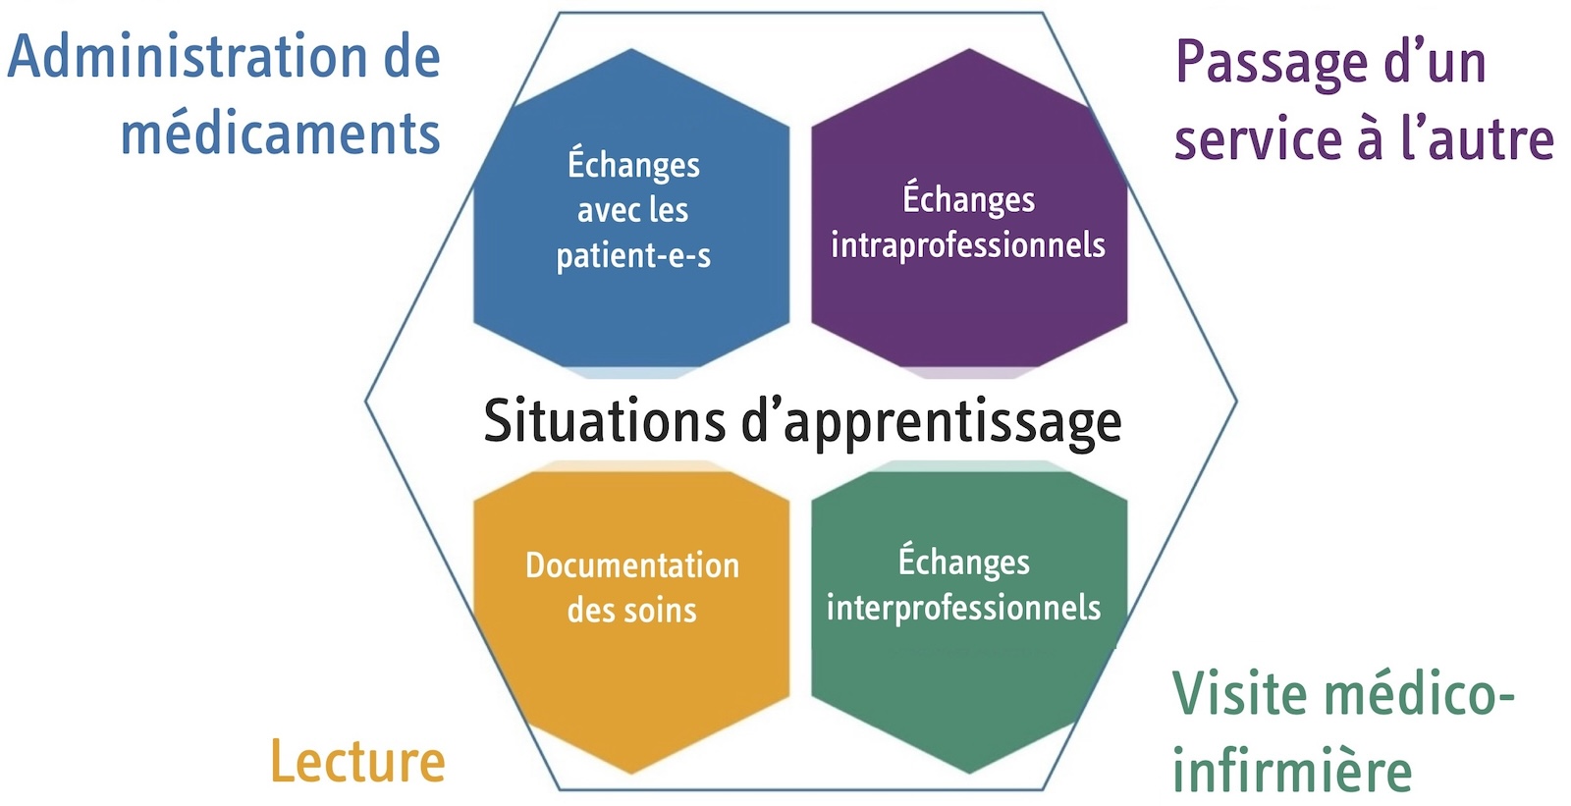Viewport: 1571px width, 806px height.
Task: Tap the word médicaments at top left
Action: [280, 134]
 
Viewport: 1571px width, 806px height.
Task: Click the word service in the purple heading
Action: [1256, 139]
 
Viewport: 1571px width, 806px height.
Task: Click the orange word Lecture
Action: [357, 762]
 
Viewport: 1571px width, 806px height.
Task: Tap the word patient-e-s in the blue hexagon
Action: [633, 256]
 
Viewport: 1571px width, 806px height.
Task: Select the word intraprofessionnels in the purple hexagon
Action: [968, 244]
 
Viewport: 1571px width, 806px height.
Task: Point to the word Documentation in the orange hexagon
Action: [632, 565]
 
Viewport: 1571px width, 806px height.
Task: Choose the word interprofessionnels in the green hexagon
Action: [963, 608]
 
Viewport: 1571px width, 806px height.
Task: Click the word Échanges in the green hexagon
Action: [964, 562]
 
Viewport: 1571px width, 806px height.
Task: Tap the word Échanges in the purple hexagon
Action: [968, 199]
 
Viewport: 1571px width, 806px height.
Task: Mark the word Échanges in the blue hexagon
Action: [633, 164]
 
